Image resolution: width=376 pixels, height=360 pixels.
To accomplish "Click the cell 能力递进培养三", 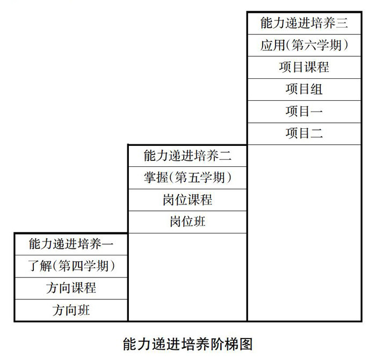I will [x=304, y=23].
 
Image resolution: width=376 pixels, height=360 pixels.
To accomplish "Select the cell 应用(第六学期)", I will [x=304, y=45].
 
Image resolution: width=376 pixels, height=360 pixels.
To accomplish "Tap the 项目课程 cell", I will [x=304, y=67].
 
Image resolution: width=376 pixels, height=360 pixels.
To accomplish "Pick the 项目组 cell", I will [x=304, y=89].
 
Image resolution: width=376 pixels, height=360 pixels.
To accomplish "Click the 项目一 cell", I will [x=304, y=111].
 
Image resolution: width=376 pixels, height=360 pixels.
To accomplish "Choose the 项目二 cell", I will [x=304, y=133].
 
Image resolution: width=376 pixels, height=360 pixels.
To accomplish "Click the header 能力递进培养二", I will [x=187, y=156].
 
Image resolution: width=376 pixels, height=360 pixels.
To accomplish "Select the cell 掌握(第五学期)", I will [x=187, y=178].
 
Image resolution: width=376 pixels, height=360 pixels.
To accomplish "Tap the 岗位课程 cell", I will [x=187, y=200].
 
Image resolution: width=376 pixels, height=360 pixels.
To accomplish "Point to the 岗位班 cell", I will [x=187, y=222].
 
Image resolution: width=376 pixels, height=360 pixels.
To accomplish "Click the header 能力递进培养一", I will [x=71, y=245].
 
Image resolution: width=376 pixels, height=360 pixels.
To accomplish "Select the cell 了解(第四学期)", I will [x=71, y=266].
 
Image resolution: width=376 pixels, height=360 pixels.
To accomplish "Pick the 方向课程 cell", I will [x=71, y=288].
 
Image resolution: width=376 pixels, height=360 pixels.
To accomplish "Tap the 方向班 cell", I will [x=71, y=310].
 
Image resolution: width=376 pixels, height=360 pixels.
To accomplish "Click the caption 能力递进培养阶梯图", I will [x=187, y=343].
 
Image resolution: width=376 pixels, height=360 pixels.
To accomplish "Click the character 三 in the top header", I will [x=342, y=23].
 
